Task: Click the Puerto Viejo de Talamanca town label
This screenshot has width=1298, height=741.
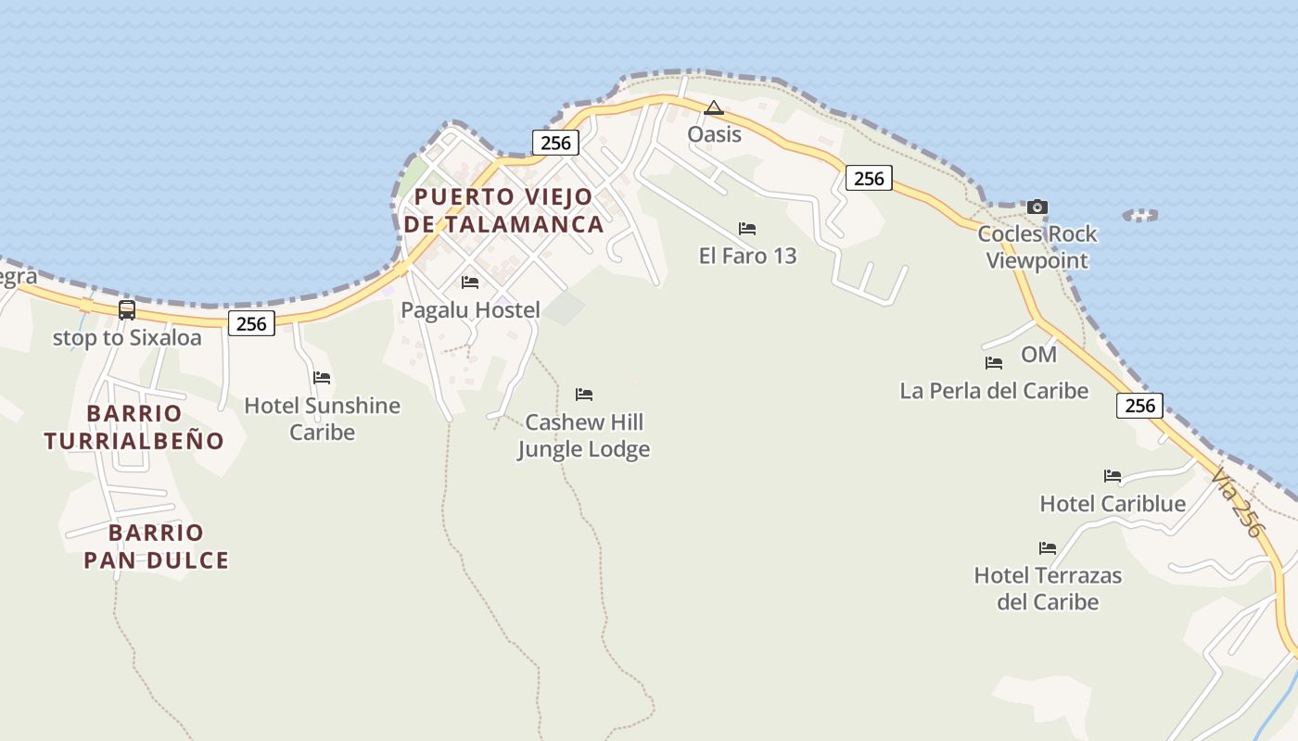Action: (x=503, y=210)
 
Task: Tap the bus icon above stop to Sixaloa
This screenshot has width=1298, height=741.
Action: (x=127, y=310)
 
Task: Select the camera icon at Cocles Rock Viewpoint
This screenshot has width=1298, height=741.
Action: (x=1037, y=207)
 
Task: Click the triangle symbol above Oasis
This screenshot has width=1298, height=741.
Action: (x=713, y=108)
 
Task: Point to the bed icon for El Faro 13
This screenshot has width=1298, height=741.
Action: (x=747, y=229)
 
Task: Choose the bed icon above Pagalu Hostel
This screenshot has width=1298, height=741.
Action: (x=470, y=283)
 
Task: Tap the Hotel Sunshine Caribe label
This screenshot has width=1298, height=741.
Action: (x=322, y=419)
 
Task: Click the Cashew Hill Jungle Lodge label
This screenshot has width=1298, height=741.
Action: (x=583, y=435)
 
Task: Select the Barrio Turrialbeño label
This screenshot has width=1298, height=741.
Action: (x=134, y=427)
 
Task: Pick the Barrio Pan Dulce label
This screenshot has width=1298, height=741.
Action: (x=156, y=546)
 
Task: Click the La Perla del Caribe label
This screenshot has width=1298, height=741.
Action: (x=994, y=391)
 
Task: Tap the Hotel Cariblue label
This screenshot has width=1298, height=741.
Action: (x=1113, y=504)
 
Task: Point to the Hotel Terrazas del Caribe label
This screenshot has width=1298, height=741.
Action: (x=1048, y=588)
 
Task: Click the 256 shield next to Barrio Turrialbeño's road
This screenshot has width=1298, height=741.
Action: (x=251, y=323)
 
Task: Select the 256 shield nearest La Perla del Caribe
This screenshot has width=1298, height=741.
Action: (x=1139, y=405)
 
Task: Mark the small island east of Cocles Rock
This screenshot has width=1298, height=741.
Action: (x=1140, y=215)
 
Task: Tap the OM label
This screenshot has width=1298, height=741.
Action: (x=1038, y=354)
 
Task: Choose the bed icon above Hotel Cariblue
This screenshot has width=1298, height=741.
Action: (x=1113, y=477)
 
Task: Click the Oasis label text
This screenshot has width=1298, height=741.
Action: (x=714, y=134)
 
